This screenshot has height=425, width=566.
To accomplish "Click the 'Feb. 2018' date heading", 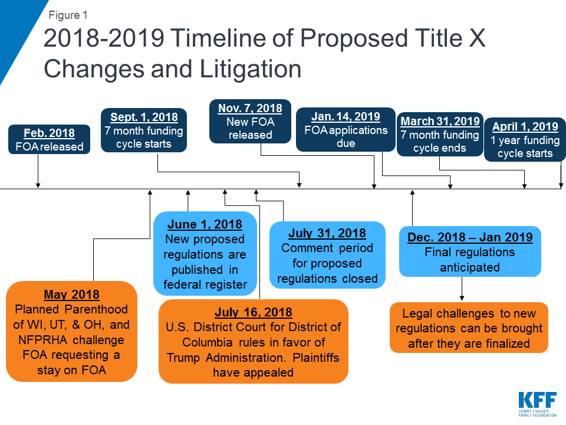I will [x=50, y=133].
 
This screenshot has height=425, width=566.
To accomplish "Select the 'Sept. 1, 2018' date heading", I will [x=144, y=117].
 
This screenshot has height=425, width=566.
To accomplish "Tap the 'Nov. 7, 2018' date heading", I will [x=250, y=109].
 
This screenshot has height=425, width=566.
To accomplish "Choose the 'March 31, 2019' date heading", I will [x=440, y=122].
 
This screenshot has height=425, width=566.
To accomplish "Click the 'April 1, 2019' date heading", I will [x=525, y=127].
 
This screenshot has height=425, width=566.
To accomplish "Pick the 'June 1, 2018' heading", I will [x=205, y=225].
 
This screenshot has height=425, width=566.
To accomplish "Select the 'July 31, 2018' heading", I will [x=327, y=233].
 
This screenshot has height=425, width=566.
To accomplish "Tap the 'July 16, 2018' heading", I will [x=254, y=313].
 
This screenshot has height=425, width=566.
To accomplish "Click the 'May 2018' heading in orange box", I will [x=71, y=295].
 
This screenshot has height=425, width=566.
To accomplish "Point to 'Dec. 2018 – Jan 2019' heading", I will [x=470, y=237].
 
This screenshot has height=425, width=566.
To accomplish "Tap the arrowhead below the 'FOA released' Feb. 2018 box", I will [x=38, y=185].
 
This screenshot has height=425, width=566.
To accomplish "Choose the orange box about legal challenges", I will [x=469, y=328].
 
